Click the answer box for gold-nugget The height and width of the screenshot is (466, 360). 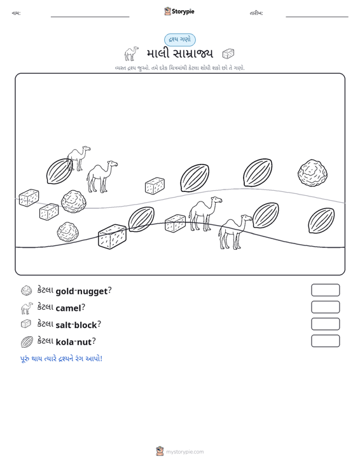(x=325, y=290)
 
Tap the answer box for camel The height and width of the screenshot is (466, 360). (x=325, y=307)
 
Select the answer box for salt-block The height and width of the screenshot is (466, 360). (x=325, y=324)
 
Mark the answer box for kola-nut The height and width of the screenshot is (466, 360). (x=325, y=341)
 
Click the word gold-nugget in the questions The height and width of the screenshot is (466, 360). (x=81, y=291)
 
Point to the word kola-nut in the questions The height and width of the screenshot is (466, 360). (x=74, y=342)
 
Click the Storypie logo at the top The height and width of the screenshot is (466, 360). (x=179, y=11)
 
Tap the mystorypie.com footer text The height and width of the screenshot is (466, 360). (x=184, y=452)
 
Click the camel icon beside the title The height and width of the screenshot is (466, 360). (x=132, y=53)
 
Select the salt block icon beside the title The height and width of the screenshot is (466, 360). (x=228, y=53)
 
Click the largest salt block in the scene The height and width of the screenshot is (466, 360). (x=112, y=236)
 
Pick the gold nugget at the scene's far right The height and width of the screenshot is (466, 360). (x=312, y=174)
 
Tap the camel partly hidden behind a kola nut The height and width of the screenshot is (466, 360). (x=78, y=158)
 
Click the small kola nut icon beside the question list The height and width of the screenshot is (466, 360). (x=27, y=342)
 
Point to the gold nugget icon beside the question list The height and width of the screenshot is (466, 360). (x=27, y=291)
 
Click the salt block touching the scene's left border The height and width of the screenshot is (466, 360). (x=29, y=198)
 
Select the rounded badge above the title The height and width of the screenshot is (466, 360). (x=180, y=39)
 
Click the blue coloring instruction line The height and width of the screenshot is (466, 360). (x=61, y=359)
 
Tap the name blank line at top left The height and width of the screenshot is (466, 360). (x=90, y=17)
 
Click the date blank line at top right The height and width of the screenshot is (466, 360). (x=317, y=17)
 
